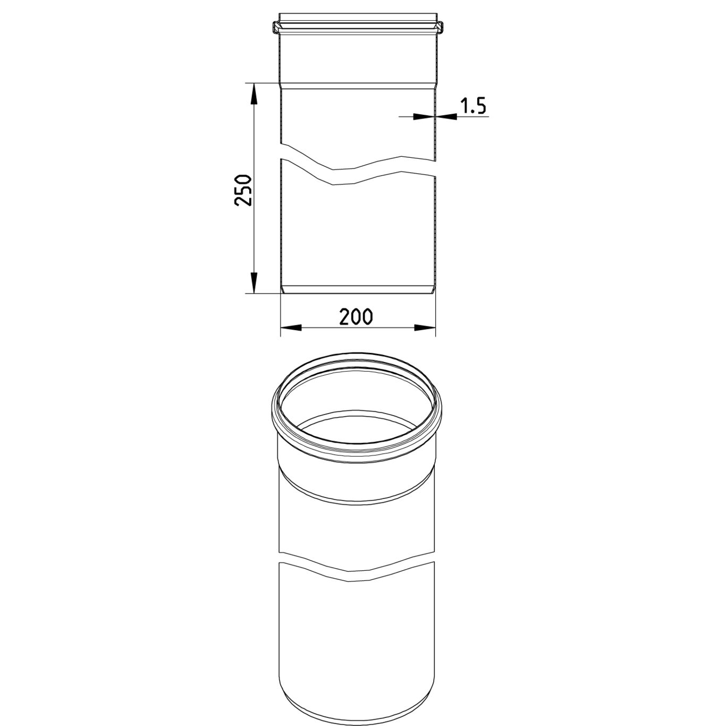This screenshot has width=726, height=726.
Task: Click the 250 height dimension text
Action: pyautogui.click(x=243, y=190)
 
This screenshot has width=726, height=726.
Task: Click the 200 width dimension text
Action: pyautogui.click(x=356, y=316)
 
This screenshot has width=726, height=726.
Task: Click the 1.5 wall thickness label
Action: pyautogui.click(x=473, y=106)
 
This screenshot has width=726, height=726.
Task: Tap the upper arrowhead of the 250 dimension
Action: pyautogui.click(x=254, y=94)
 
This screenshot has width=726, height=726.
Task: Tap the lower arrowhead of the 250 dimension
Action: pyautogui.click(x=254, y=282)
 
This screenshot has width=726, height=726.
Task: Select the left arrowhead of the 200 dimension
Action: pyautogui.click(x=292, y=327)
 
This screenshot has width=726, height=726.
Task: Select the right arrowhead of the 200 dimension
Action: pyautogui.click(x=425, y=327)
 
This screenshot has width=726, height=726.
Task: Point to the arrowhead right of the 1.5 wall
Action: pyautogui.click(x=446, y=117)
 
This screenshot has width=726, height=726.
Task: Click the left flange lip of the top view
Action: pyautogui.click(x=276, y=27)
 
